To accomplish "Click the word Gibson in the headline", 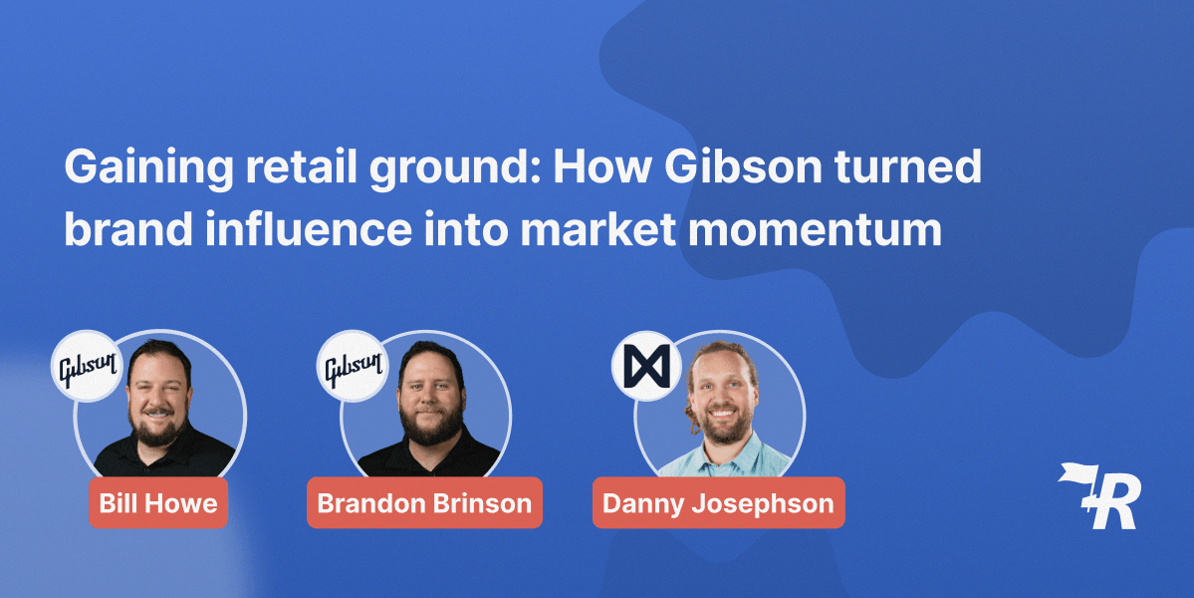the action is point(743,167).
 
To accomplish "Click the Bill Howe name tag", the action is point(158,502).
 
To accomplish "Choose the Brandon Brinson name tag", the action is point(425,502).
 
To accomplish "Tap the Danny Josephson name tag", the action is point(718,502).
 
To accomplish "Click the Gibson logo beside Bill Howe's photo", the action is point(87,367).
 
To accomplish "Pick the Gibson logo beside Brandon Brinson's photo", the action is point(353,367).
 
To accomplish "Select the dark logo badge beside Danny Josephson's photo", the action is point(646,367).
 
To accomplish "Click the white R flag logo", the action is point(1098,495).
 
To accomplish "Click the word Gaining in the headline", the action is point(148,167).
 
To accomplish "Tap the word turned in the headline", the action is point(907,166).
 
